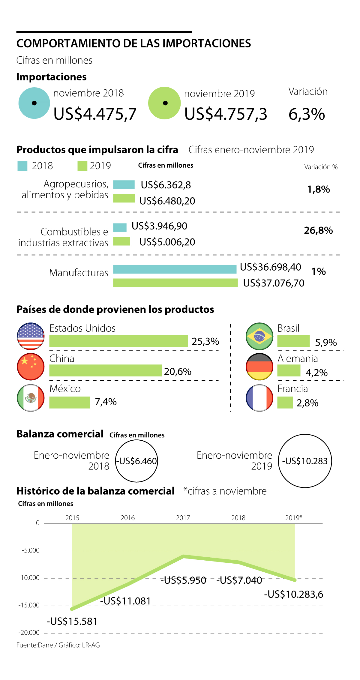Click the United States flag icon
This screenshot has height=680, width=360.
31,336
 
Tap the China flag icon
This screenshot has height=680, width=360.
31,367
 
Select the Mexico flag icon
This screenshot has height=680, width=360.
31,398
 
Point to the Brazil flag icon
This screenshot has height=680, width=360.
259,336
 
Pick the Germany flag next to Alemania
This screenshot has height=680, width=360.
259,367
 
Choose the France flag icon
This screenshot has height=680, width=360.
259,398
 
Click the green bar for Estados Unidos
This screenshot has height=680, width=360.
118,341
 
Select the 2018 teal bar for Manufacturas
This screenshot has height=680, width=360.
175,269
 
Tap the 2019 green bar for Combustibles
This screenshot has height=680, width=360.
121,241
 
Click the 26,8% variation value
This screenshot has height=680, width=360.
318,230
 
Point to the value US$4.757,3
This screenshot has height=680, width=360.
226,114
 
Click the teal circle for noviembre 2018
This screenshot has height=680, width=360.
34,103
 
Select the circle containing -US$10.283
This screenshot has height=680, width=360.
305,461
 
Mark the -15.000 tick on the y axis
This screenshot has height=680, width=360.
29,605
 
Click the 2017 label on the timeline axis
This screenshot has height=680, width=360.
183,518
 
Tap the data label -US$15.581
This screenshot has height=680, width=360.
72,622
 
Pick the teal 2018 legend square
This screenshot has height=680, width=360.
22,166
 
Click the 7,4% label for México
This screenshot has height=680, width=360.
106,402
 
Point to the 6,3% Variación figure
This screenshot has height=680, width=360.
307,114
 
